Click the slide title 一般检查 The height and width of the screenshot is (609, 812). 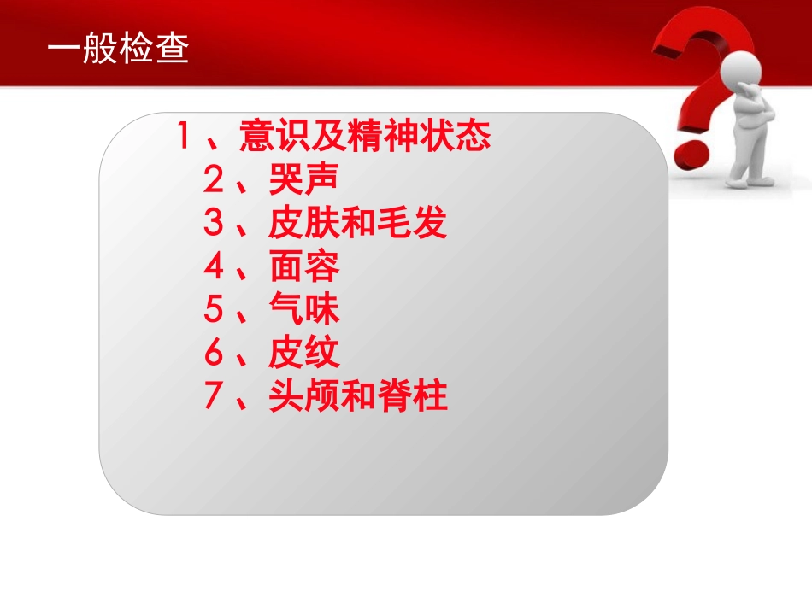coord(118,50)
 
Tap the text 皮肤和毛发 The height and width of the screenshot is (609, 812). coord(357,224)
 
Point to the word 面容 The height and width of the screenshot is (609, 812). coord(303,267)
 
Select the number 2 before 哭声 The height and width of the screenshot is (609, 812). coord(213,180)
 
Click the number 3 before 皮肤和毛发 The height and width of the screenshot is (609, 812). coord(213,224)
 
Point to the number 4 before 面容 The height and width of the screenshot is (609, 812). coord(213,267)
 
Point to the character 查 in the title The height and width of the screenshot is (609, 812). coord(173,50)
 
